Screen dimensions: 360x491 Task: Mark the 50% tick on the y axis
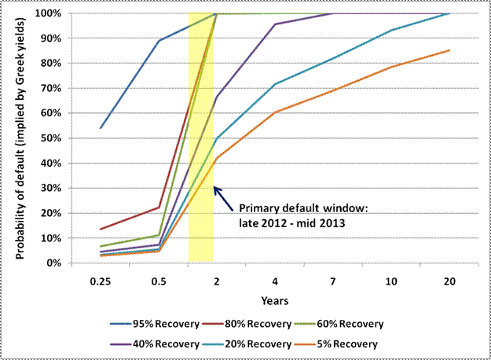click(x=53, y=138)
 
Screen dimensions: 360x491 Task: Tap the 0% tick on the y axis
click(x=55, y=263)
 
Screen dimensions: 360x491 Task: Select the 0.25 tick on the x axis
click(x=101, y=281)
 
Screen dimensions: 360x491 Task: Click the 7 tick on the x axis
click(x=332, y=281)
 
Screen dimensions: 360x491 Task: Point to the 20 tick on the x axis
click(x=448, y=281)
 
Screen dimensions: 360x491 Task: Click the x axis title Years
click(x=274, y=299)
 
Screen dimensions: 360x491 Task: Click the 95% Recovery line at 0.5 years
click(x=159, y=41)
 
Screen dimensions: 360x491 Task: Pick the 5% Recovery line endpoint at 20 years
click(x=449, y=50)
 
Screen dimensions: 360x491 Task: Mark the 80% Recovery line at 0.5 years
click(x=159, y=208)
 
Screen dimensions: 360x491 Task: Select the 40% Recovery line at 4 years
click(x=274, y=24)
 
